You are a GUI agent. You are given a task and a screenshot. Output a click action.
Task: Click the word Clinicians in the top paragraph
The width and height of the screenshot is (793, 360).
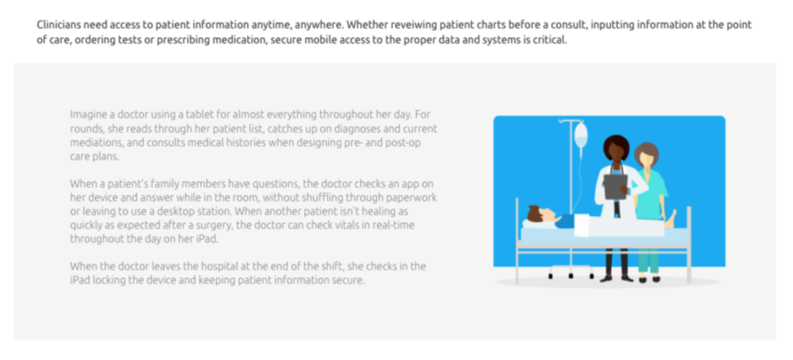[58, 25]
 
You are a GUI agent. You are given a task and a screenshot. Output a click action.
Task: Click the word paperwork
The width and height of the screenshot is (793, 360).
[413, 197]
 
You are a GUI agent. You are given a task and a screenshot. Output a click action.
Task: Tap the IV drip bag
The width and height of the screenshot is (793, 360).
[581, 135]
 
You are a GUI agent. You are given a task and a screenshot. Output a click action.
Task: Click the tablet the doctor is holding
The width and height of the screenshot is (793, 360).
[616, 187]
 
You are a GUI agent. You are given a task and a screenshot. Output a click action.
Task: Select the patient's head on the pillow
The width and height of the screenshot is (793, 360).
[539, 214]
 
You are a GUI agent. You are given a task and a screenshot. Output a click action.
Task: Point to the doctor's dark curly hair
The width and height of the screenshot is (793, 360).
[616, 146]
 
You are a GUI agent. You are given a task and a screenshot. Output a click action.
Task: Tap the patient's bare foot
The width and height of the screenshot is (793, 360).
[671, 218]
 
